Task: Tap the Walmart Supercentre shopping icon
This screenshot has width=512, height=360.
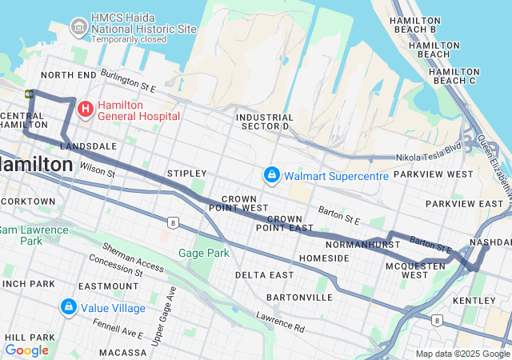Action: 272,174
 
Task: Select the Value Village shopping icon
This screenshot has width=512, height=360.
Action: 69,307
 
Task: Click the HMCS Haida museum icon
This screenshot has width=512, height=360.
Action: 79,28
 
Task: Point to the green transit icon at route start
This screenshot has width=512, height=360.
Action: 30,94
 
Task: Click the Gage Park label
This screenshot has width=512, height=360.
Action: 203,254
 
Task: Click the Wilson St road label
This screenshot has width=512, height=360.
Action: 98,170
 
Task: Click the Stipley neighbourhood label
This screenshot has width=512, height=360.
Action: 186,174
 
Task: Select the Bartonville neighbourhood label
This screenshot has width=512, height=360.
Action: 300,297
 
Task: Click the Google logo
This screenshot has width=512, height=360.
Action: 26,350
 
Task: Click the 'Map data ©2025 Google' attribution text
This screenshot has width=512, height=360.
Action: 462,354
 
